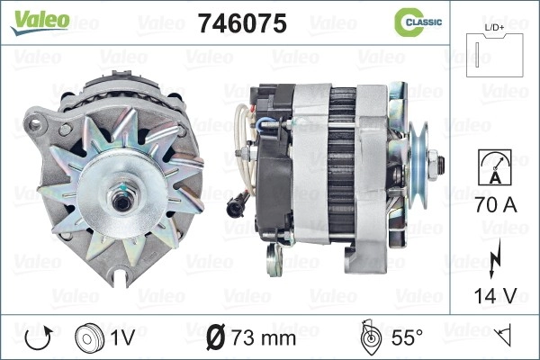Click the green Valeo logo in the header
(40, 22)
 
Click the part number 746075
(242, 23)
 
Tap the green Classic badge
(418, 22)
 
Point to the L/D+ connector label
(494, 28)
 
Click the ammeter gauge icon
(495, 167)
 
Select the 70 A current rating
(496, 204)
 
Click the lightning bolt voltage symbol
(495, 258)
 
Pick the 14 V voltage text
(496, 295)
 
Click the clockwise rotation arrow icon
(39, 338)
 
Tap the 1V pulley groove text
(122, 337)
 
